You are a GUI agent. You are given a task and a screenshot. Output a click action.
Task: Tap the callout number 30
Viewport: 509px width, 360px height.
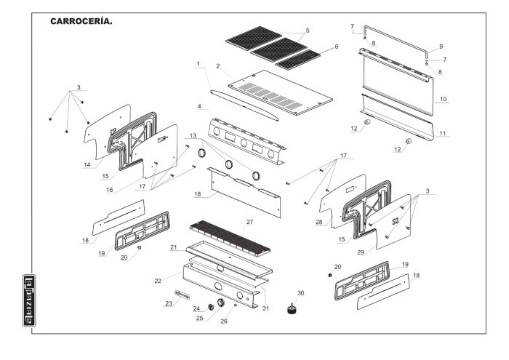coord(300,292)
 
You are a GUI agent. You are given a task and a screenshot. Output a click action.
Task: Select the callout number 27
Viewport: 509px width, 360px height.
coord(249,222)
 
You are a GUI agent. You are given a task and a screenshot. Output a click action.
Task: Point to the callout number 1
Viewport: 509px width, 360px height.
coord(197,65)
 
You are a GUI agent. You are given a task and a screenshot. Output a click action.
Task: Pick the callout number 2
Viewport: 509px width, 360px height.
coord(217,67)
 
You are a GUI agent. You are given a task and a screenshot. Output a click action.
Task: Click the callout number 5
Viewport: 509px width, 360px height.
coord(308,31)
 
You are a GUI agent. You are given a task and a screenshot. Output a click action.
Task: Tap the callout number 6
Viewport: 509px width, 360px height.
coord(335,47)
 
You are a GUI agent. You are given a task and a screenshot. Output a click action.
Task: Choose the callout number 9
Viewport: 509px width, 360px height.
coord(441,47)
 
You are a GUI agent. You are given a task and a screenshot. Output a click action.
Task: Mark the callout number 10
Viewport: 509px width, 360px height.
coord(443,98)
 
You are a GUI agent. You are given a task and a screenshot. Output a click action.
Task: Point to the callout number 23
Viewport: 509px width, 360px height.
coord(169,304)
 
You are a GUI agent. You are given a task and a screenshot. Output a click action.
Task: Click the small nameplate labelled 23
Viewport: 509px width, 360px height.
coord(181,295)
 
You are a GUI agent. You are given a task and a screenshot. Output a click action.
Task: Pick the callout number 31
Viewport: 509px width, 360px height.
coord(265,307)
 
